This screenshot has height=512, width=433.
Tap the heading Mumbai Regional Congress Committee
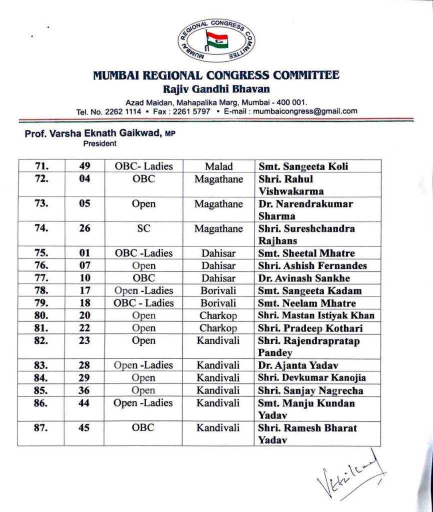216,75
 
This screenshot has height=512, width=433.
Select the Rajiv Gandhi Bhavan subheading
216,89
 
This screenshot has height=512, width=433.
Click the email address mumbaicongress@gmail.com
305,111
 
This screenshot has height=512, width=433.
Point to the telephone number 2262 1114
123,111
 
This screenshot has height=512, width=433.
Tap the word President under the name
99,143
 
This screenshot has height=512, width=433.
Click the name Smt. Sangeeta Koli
303,166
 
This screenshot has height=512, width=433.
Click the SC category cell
143,228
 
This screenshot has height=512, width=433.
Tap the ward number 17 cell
84,290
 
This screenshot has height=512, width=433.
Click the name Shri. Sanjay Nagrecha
310,390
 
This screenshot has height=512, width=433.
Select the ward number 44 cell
84,403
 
